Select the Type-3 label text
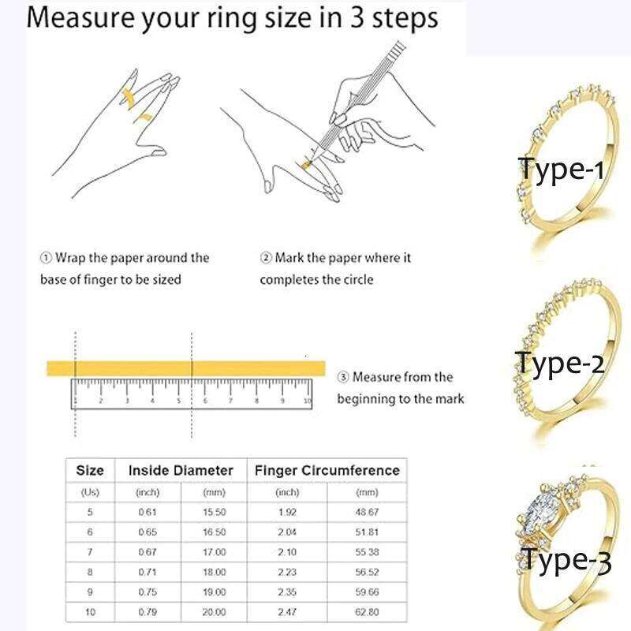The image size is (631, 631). pos(566,561)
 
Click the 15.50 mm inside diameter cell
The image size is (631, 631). pos(215,511)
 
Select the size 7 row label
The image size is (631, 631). pos(89,552)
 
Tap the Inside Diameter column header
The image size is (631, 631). pos(181,470)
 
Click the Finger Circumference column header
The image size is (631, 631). pos(327,470)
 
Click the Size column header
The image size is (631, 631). pos(89,470)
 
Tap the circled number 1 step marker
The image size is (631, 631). pos(46,258)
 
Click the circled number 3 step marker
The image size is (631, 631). pos(343,377)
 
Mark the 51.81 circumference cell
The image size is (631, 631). pos(367,532)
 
